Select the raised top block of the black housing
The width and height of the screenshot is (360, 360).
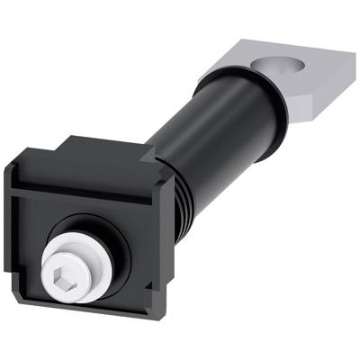pyautogui.click(x=99, y=148)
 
